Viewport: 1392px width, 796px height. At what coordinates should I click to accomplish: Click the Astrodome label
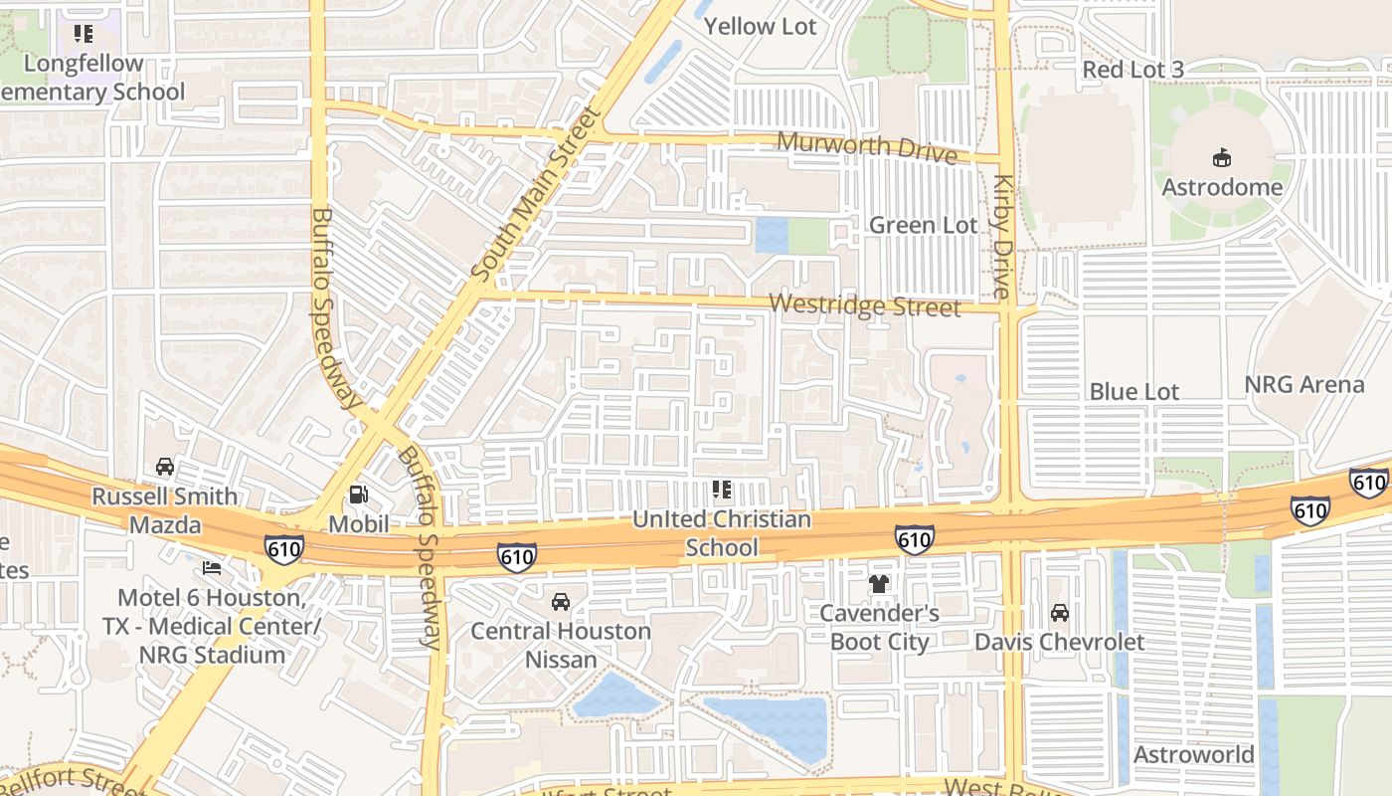tap(1222, 187)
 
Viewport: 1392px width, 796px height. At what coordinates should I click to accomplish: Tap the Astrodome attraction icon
tap(1221, 157)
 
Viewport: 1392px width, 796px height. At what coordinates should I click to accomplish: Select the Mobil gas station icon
tap(358, 495)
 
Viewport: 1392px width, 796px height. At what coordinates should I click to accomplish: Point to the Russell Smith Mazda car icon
tap(165, 467)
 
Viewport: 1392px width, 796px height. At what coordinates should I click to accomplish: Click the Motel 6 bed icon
tap(212, 568)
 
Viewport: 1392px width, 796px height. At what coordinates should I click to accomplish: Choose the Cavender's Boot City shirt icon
tap(879, 584)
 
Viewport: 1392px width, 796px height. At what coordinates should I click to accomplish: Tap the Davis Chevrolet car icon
tap(1060, 613)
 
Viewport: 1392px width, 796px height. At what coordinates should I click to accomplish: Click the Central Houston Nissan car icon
tap(561, 602)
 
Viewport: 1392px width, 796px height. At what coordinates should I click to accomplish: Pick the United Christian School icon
tap(722, 490)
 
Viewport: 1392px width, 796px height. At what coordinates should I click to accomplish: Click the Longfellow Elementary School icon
tap(84, 35)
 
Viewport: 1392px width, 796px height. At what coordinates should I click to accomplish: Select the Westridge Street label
tap(865, 305)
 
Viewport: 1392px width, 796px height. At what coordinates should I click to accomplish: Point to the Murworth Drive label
tap(866, 147)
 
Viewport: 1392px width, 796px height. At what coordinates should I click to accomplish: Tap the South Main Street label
tap(537, 194)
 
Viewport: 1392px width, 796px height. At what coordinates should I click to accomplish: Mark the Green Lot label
tap(923, 226)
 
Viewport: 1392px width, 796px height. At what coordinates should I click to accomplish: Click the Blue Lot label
tap(1133, 392)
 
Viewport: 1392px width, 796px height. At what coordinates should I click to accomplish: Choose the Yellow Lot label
tap(760, 27)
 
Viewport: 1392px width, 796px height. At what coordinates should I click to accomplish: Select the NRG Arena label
tap(1305, 385)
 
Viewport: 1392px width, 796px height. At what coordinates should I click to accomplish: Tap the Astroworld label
tap(1194, 754)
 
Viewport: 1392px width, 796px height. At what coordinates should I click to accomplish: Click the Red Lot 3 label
tap(1132, 70)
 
